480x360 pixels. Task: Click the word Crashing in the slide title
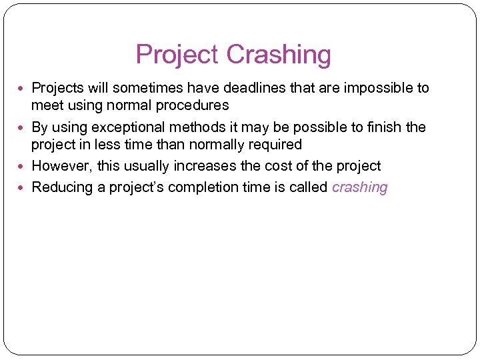279,55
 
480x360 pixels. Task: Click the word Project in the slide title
178,55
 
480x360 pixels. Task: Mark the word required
275,145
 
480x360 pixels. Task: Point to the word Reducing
62,187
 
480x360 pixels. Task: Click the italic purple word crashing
359,187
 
